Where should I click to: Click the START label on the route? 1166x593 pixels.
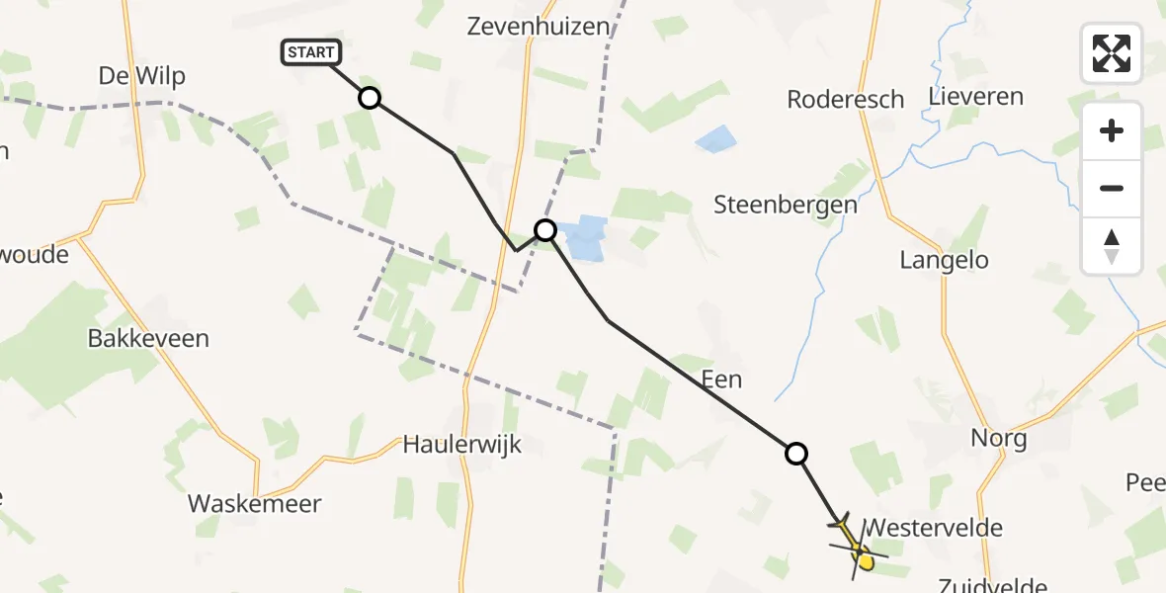(x=312, y=52)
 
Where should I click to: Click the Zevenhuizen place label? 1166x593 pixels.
(x=539, y=27)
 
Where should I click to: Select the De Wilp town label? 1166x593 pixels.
(x=142, y=76)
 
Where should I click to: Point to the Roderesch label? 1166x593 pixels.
(x=846, y=99)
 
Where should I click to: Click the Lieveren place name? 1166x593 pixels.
(x=976, y=97)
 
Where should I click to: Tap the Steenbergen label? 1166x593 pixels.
(x=786, y=206)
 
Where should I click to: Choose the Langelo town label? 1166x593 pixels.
(x=944, y=260)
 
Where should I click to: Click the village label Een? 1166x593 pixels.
(x=721, y=380)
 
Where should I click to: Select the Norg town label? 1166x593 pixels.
(x=999, y=438)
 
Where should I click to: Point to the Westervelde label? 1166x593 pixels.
(x=933, y=528)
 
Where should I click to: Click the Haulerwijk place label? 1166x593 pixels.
(x=462, y=445)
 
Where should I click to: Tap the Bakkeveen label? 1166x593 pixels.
(x=148, y=339)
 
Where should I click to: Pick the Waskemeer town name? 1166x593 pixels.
(x=255, y=504)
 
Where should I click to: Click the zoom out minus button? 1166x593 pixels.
(x=1112, y=188)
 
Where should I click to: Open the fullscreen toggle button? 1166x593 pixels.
(x=1112, y=53)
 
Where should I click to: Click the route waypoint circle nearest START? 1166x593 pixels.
(x=370, y=98)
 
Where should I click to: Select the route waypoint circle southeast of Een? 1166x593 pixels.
(x=796, y=454)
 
